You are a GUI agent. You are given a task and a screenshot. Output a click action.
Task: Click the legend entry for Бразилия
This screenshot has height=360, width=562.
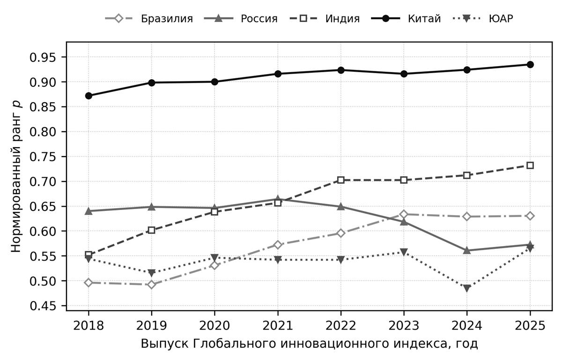click(149, 19)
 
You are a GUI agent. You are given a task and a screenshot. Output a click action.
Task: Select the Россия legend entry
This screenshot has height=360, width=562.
click(241, 19)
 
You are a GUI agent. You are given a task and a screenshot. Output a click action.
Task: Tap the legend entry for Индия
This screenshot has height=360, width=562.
click(325, 19)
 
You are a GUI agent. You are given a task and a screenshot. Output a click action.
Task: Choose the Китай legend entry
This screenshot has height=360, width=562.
click(406, 19)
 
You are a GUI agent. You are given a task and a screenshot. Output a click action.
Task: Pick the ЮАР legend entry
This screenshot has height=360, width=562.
click(483, 19)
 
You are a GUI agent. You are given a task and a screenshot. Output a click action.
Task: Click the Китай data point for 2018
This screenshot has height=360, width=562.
click(89, 96)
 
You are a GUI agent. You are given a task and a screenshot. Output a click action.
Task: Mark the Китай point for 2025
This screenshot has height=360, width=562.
click(530, 65)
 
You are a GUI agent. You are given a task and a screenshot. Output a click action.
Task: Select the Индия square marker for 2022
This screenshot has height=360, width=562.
click(341, 180)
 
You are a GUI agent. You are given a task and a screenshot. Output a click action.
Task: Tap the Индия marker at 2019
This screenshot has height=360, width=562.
click(152, 230)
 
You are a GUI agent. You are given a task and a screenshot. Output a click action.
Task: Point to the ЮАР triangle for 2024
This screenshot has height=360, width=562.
click(467, 288)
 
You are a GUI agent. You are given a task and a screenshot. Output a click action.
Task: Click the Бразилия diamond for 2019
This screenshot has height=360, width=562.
click(152, 285)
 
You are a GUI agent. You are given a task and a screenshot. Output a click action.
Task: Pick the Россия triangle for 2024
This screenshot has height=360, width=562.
click(467, 250)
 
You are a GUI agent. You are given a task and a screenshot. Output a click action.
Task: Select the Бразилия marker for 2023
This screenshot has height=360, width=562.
click(404, 214)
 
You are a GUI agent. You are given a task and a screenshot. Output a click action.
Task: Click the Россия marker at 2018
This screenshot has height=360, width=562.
click(89, 211)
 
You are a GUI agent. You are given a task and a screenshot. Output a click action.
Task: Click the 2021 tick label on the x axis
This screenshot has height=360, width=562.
click(278, 326)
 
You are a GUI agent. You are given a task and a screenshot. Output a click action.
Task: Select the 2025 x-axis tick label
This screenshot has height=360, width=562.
click(530, 326)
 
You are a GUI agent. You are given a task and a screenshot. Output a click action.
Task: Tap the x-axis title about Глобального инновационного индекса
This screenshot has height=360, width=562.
click(310, 344)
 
